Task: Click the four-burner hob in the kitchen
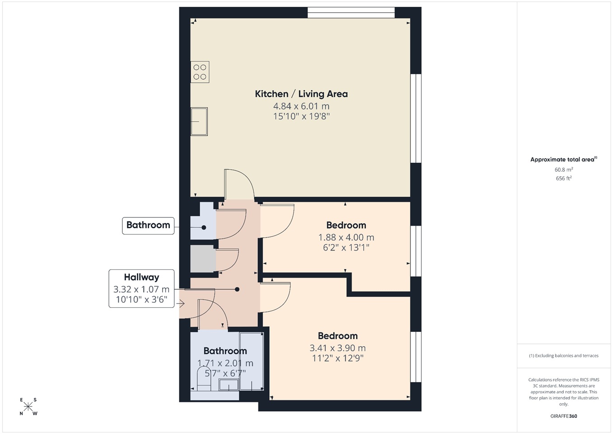click(x=200, y=72)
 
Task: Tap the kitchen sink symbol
click(x=199, y=122)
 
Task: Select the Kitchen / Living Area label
click(x=301, y=94)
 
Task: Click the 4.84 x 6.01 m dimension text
click(x=301, y=106)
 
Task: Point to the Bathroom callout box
click(x=148, y=226)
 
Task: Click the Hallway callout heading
click(x=141, y=277)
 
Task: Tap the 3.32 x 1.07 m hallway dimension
click(x=141, y=289)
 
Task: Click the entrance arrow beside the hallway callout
click(x=181, y=303)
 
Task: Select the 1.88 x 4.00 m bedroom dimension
click(x=346, y=237)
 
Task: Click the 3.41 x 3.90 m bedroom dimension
click(x=338, y=348)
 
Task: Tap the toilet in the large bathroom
click(x=204, y=379)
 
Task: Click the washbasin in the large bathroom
click(x=229, y=384)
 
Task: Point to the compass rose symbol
click(x=28, y=406)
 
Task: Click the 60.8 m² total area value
click(x=564, y=170)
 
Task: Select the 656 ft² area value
click(x=564, y=178)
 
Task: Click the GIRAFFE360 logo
click(x=564, y=416)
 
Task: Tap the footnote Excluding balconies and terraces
click(x=564, y=356)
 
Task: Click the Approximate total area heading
click(x=564, y=160)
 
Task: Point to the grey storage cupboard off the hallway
click(x=203, y=259)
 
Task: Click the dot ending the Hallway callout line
click(x=237, y=289)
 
